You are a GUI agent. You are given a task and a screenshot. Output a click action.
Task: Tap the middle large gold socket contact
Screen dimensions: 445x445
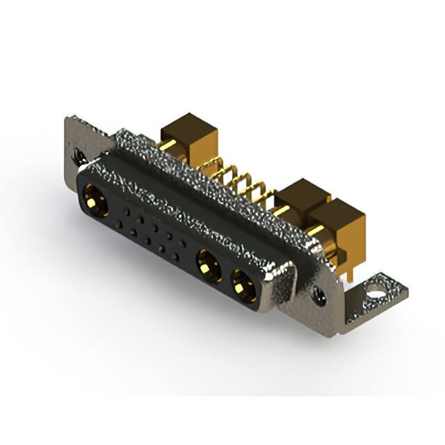coord(207,264)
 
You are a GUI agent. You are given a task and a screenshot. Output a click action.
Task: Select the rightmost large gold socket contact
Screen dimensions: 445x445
coord(243,283)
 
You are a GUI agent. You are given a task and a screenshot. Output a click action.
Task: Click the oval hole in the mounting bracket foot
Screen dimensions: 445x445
coord(377,284)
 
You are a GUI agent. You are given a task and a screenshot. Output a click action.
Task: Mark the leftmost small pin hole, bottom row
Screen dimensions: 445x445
coord(119,223)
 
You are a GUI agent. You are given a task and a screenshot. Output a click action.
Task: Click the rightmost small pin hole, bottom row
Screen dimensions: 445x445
coord(177,256)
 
